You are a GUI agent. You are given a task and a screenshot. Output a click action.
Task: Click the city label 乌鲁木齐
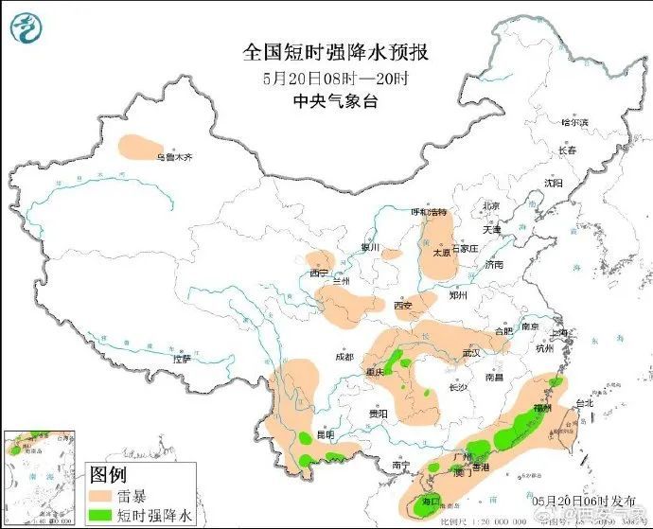pyautogui.click(x=173, y=157)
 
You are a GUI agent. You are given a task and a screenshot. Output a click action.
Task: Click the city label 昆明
pyautogui.click(x=326, y=434)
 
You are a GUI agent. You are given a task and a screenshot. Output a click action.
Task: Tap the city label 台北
pyautogui.click(x=583, y=402)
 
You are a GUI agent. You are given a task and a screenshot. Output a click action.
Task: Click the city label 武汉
pyautogui.click(x=472, y=353)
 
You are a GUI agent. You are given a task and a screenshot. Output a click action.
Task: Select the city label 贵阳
pyautogui.click(x=379, y=414)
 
